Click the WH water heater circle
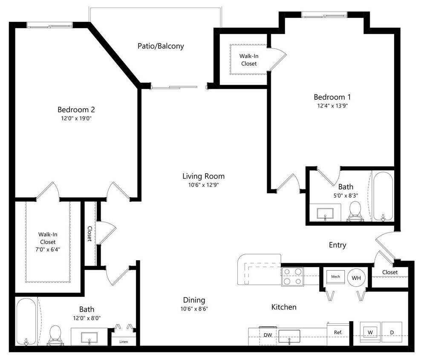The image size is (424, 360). (356, 278)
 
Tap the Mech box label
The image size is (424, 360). (335, 277)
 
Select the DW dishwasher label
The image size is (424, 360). (268, 335)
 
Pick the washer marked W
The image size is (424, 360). (370, 332)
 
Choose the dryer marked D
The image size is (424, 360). (392, 332)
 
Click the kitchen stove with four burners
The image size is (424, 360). (292, 276)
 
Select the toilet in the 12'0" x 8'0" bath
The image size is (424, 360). (55, 335)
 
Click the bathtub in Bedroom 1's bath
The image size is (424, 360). (383, 196)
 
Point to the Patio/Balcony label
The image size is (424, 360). (161, 46)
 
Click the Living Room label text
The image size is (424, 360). (203, 176)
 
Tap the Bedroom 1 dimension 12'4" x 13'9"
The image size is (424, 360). (332, 106)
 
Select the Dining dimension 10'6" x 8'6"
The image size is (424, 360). (194, 309)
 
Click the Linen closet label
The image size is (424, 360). (124, 342)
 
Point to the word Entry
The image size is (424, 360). (337, 245)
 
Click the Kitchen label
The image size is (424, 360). (284, 307)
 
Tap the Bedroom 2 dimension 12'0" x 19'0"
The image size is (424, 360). (76, 118)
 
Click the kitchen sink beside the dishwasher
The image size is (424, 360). (289, 336)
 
